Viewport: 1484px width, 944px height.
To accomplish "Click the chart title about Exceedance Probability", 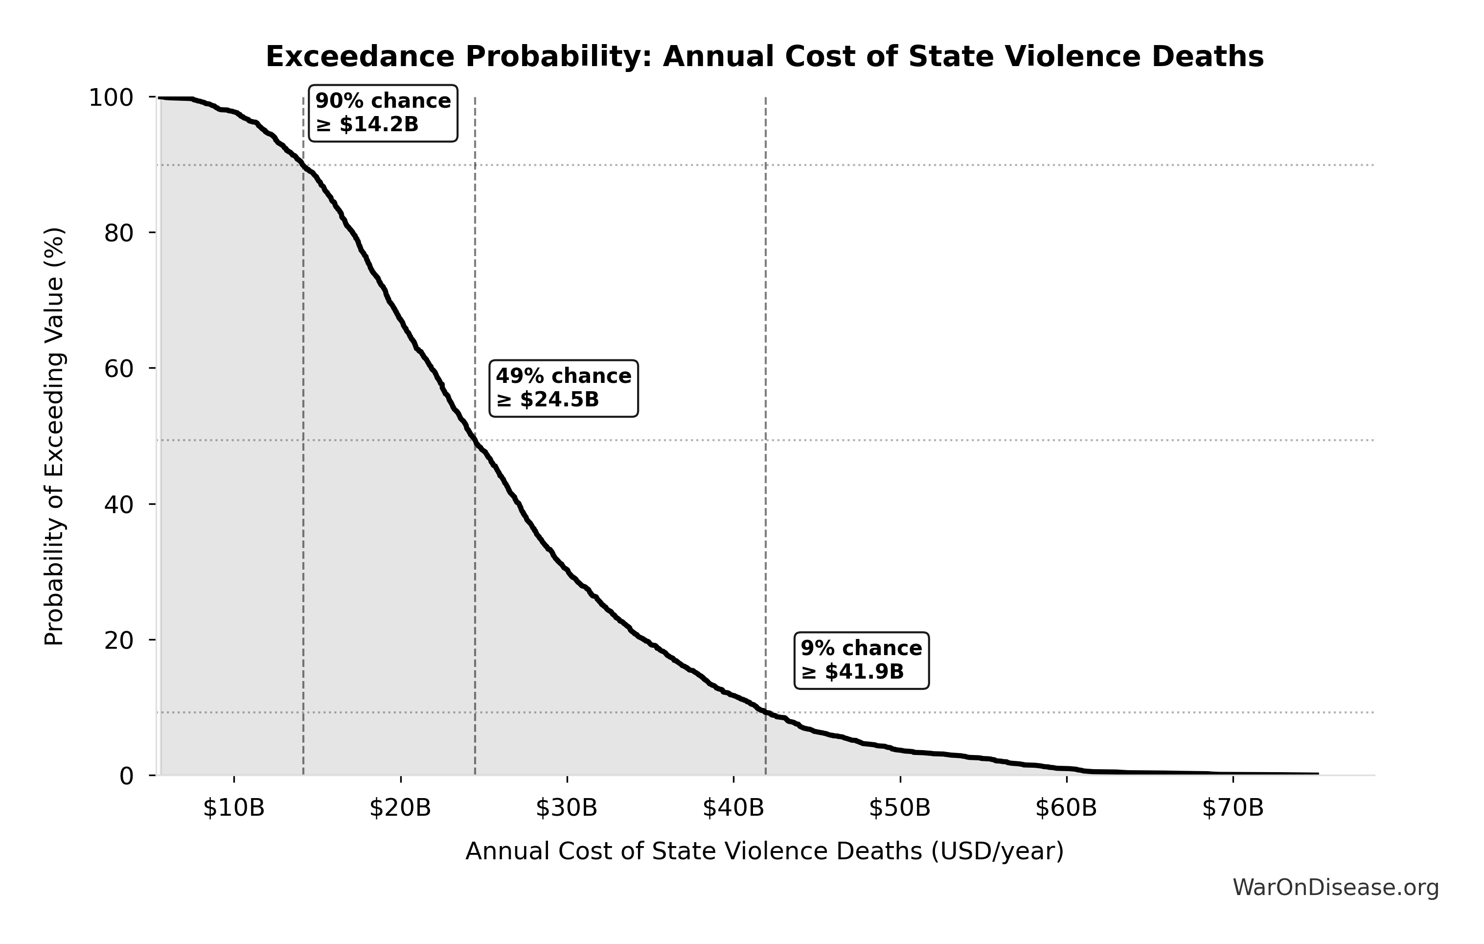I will pyautogui.click(x=764, y=57).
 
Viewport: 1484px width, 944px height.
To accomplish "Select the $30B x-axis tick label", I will pyautogui.click(x=567, y=808).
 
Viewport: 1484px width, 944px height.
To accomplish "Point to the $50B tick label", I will pyautogui.click(x=899, y=808).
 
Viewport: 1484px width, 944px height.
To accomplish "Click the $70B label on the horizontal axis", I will pyautogui.click(x=1233, y=808).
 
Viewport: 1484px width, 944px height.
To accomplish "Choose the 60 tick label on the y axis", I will pyautogui.click(x=119, y=369).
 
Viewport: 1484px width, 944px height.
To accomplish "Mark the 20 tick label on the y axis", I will pyautogui.click(x=119, y=640).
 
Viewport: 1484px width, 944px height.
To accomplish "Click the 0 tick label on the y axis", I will pyautogui.click(x=126, y=776).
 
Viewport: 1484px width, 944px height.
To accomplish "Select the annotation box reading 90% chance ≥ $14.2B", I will pyautogui.click(x=383, y=113).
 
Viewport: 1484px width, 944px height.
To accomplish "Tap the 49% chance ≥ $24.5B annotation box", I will pyautogui.click(x=563, y=388).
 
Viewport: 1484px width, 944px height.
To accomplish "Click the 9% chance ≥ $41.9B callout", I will pyautogui.click(x=861, y=661).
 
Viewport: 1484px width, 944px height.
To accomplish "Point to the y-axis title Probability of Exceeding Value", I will pyautogui.click(x=54, y=437).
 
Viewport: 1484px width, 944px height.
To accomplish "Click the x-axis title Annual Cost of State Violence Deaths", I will pyautogui.click(x=764, y=851).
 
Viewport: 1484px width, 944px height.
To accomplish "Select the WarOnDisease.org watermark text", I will pyautogui.click(x=1335, y=887).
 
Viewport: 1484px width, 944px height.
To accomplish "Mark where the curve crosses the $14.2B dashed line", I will pyautogui.click(x=303, y=165).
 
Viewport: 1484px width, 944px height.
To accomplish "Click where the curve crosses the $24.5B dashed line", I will pyautogui.click(x=475, y=440).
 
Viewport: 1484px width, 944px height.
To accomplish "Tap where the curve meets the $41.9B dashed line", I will pyautogui.click(x=765, y=713).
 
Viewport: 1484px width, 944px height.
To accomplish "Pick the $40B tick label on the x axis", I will pyautogui.click(x=733, y=808).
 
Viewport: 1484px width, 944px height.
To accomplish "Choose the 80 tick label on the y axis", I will pyautogui.click(x=119, y=233).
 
